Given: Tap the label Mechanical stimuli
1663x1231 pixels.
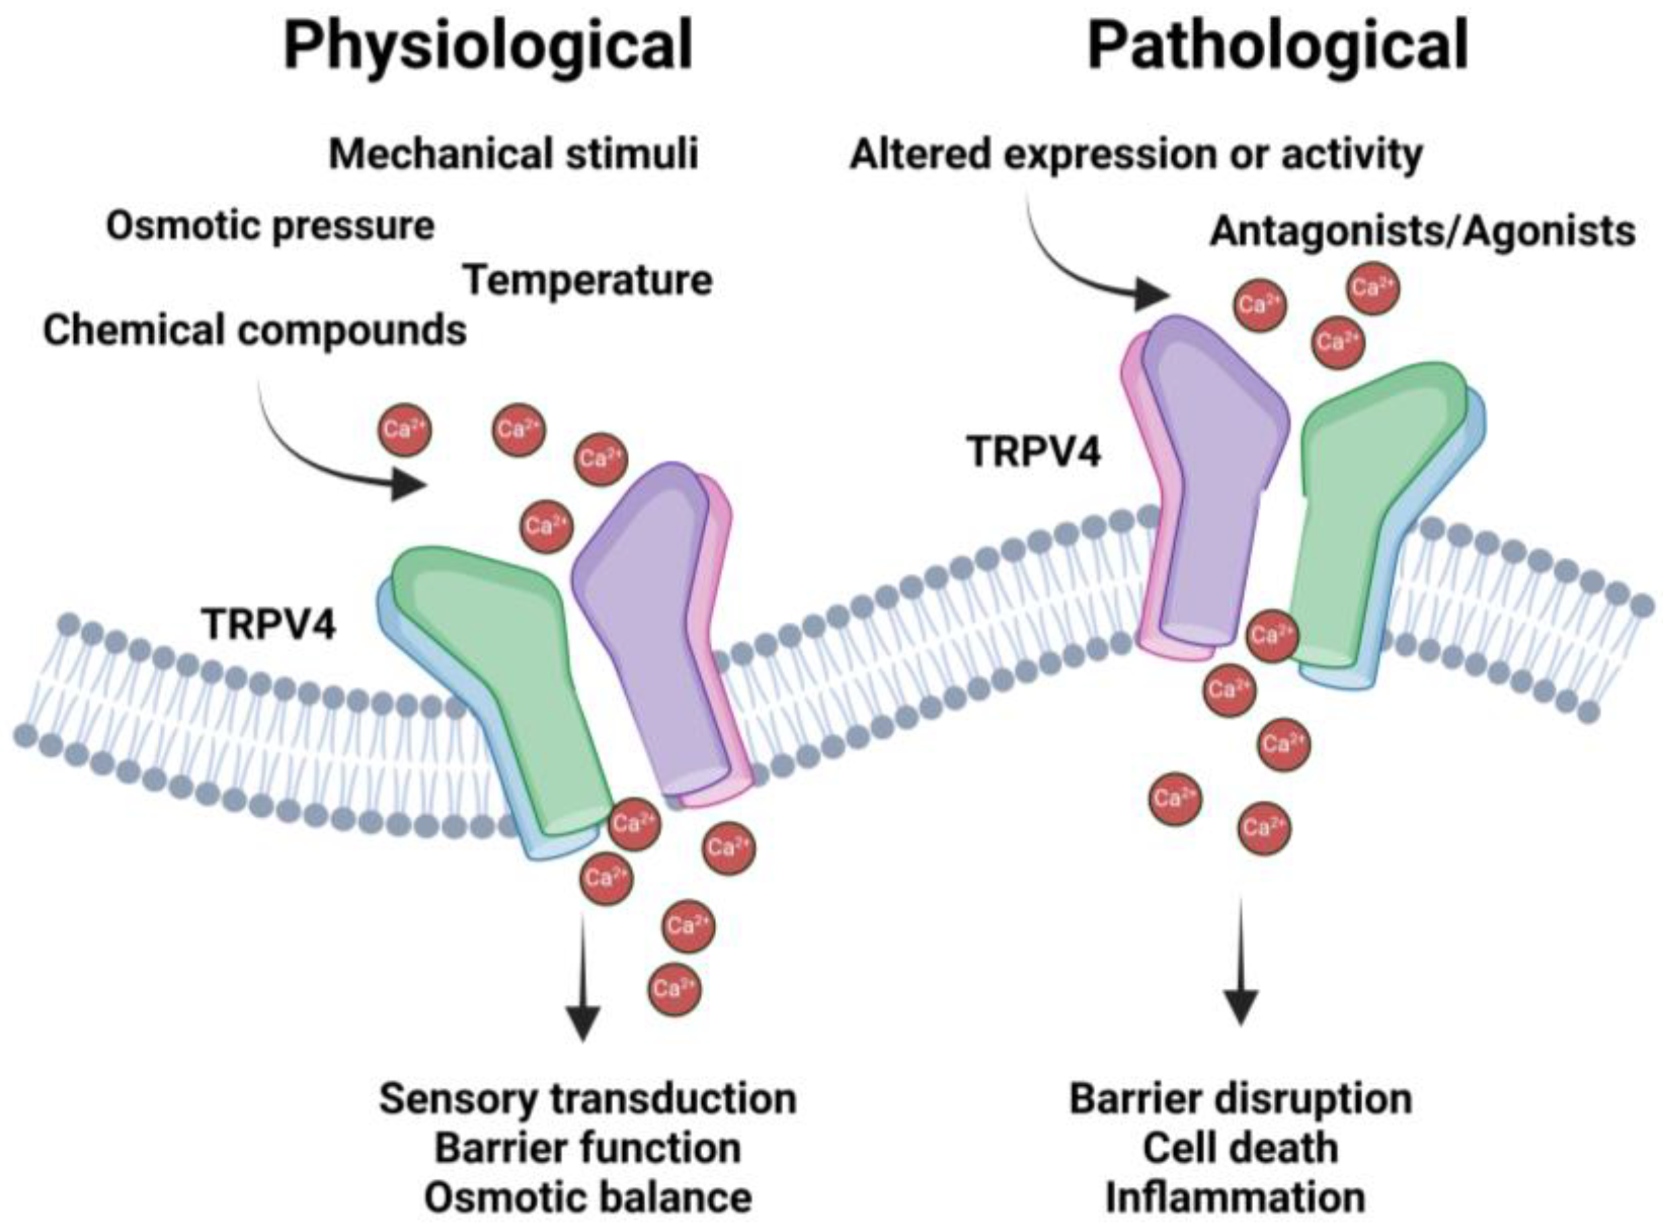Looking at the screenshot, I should pyautogui.click(x=514, y=154).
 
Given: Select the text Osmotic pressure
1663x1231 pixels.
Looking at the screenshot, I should pyautogui.click(x=270, y=226).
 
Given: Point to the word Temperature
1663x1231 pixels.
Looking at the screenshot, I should pyautogui.click(x=589, y=281).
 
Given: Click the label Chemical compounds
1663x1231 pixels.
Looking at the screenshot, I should pyautogui.click(x=255, y=330).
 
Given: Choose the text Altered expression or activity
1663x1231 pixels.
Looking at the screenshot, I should pyautogui.click(x=1136, y=154).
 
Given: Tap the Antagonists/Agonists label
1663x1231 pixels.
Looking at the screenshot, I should pyautogui.click(x=1422, y=232).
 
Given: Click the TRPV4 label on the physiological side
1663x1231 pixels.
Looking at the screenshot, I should pyautogui.click(x=269, y=624).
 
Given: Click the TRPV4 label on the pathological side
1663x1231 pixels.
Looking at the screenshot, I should pyautogui.click(x=1033, y=451).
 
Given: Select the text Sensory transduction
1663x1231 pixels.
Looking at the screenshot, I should pyautogui.click(x=588, y=1099).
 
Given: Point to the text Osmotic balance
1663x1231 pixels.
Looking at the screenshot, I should pyautogui.click(x=588, y=1197).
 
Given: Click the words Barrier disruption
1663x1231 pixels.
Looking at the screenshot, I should pyautogui.click(x=1241, y=1099).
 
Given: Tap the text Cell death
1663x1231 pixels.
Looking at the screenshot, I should pyautogui.click(x=1241, y=1148).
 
